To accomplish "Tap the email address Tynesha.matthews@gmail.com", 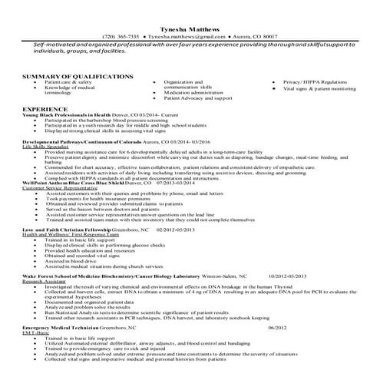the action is point(184,36).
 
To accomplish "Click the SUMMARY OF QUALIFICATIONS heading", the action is point(78,76).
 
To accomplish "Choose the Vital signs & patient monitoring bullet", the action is point(319,88).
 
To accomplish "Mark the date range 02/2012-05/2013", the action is point(179,230).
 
